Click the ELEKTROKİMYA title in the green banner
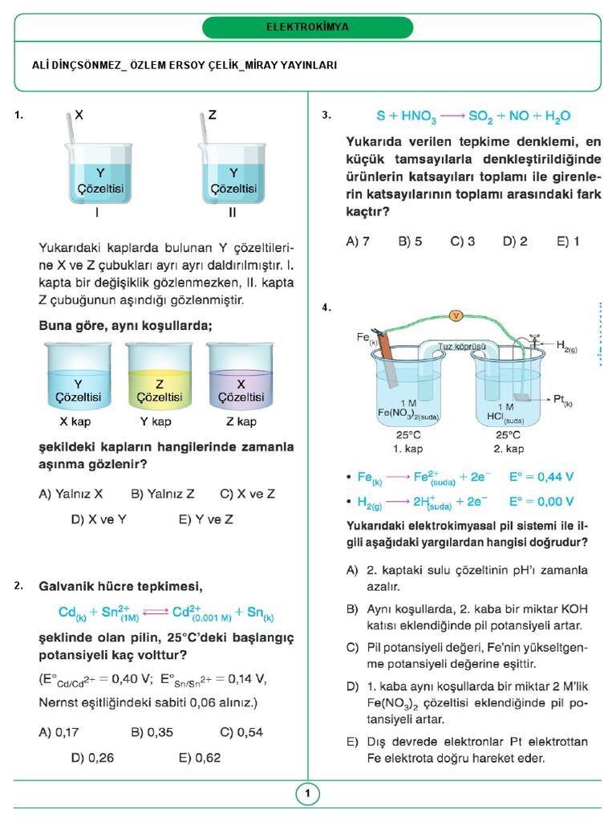(x=307, y=27)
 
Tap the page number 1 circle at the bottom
(x=307, y=795)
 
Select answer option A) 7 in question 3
(x=357, y=241)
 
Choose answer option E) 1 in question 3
(x=565, y=241)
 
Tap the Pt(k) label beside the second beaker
(x=563, y=398)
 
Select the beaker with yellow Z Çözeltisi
(x=160, y=376)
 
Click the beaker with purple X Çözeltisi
(x=241, y=376)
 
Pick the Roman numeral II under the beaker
(x=233, y=214)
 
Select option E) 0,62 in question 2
(x=200, y=757)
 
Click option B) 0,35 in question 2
(x=152, y=732)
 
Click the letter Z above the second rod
(x=212, y=116)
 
